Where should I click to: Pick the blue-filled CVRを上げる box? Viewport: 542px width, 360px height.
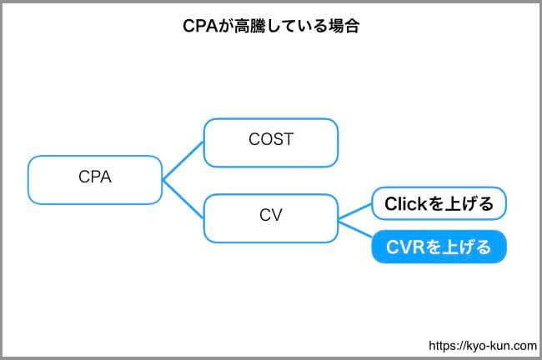coord(439,247)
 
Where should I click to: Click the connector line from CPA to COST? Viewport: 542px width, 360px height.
coord(183,161)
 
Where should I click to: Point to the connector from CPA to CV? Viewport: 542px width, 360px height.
coord(183,199)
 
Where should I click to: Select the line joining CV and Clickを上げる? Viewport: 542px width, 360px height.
coord(355,212)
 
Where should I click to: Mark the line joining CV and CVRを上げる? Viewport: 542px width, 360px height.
coord(355,229)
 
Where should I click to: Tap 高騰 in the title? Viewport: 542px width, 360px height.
coord(250,26)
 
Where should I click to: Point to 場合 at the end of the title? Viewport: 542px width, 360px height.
coord(344,26)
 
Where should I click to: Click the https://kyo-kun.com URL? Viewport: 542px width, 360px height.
coord(483,346)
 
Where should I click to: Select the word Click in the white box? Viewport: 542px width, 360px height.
coord(406,204)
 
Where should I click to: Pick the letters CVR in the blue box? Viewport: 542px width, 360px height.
coord(405,247)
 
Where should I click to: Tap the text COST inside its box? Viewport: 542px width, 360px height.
coord(271,139)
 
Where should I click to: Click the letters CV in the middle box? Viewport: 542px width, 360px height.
coord(271,215)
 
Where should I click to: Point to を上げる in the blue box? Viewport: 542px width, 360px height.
coord(458,247)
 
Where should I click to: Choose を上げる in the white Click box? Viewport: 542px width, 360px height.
coord(460,204)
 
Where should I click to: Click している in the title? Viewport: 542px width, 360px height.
coord(297,26)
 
